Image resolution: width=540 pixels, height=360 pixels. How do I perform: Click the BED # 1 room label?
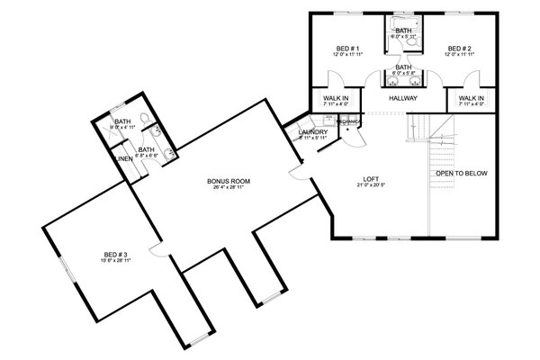click(x=347, y=49)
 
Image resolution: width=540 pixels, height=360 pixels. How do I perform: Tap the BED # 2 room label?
click(x=460, y=49)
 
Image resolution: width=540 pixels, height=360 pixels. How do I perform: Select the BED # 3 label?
click(x=114, y=256)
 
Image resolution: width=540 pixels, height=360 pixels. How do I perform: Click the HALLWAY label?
click(x=404, y=97)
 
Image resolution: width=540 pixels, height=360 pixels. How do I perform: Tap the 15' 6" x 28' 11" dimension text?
click(x=114, y=263)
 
